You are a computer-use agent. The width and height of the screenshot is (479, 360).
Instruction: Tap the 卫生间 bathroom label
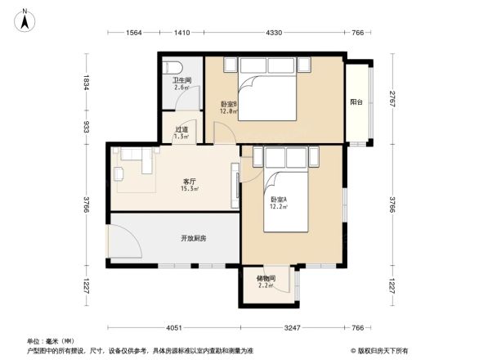[181, 82]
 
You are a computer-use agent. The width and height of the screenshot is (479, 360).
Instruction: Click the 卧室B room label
[228, 104]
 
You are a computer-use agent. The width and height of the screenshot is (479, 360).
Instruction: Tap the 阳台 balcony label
[356, 102]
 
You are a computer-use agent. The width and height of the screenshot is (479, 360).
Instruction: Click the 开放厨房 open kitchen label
[194, 238]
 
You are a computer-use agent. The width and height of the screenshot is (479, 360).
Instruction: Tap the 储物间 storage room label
[266, 280]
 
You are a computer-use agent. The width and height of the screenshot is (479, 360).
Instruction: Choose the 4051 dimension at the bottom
[170, 328]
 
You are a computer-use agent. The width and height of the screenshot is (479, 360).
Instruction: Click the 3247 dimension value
[293, 328]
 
